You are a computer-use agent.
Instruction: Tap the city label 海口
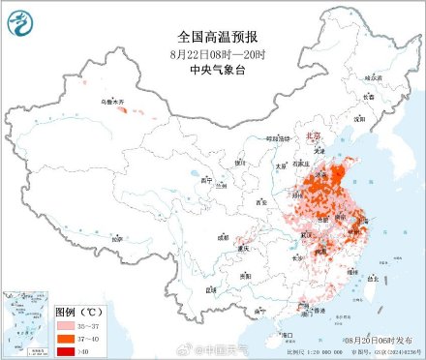click(x=287, y=334)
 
